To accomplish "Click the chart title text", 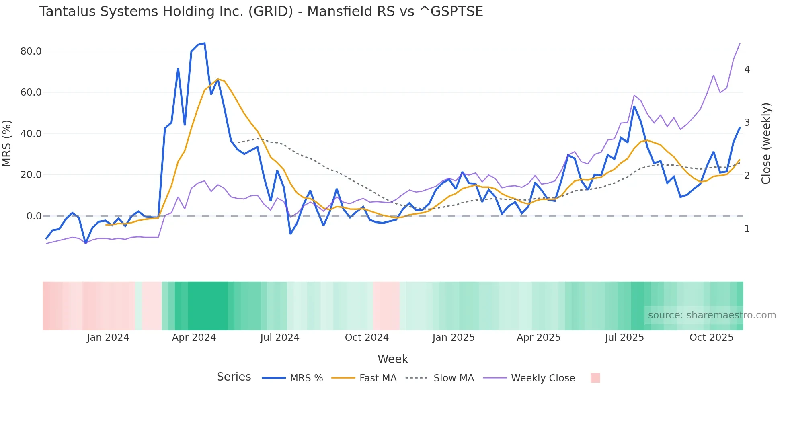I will [x=261, y=12].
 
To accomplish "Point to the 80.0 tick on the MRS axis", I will [x=31, y=51].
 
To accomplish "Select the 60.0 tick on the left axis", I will [x=31, y=92].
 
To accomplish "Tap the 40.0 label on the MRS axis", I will [x=31, y=134].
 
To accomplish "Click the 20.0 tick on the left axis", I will [x=31, y=175].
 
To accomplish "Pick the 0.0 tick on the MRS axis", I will [x=34, y=216].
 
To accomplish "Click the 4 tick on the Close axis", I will [x=747, y=70].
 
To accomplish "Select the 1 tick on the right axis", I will [x=747, y=229].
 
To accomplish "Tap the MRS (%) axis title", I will [x=7, y=143].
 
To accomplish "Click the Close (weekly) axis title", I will [x=766, y=143].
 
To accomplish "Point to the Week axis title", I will [x=392, y=359].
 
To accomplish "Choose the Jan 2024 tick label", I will [x=108, y=338].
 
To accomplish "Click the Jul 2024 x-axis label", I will [x=279, y=338].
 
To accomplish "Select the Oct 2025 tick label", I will [x=711, y=338].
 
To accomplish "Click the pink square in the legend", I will [x=595, y=378].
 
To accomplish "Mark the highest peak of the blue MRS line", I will [x=205, y=43].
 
